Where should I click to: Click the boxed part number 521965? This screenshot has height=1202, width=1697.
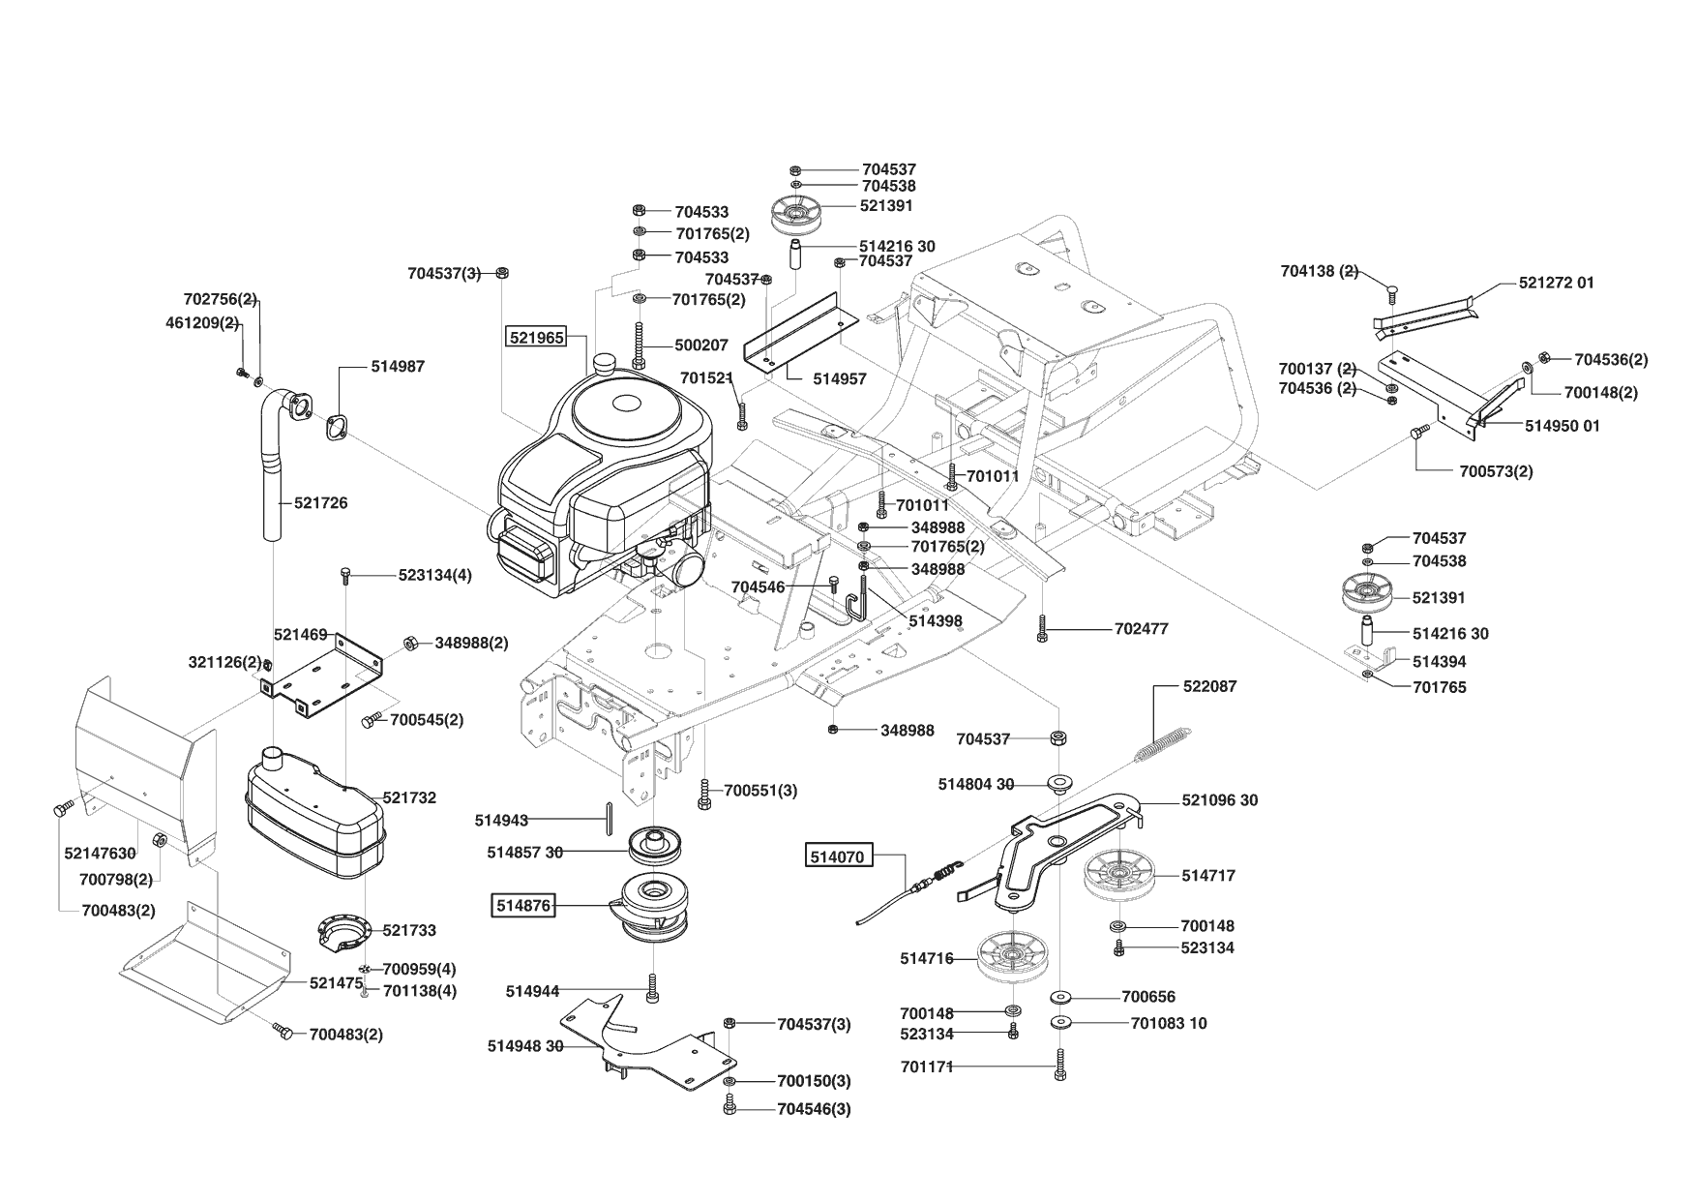pos(536,337)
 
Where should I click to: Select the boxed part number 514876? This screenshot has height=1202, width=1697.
pos(522,906)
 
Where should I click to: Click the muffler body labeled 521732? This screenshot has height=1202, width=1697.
pos(313,813)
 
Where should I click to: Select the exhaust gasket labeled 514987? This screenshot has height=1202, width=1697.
pos(339,426)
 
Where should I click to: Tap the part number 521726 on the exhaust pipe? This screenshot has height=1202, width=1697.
pos(320,503)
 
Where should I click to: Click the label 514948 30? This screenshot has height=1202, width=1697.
pos(525,1046)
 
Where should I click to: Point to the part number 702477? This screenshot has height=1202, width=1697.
pos(1142,628)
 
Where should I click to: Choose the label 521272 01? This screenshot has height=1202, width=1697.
pos(1557,283)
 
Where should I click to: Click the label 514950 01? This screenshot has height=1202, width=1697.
pos(1563,426)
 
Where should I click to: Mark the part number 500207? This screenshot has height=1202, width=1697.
pos(702,345)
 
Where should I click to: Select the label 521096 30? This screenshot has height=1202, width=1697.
pos(1220,800)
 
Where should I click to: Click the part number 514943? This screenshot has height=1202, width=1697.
pos(501,821)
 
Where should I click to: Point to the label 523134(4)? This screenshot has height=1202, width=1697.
pos(435,575)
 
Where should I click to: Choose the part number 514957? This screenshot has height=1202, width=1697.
pos(840,379)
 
